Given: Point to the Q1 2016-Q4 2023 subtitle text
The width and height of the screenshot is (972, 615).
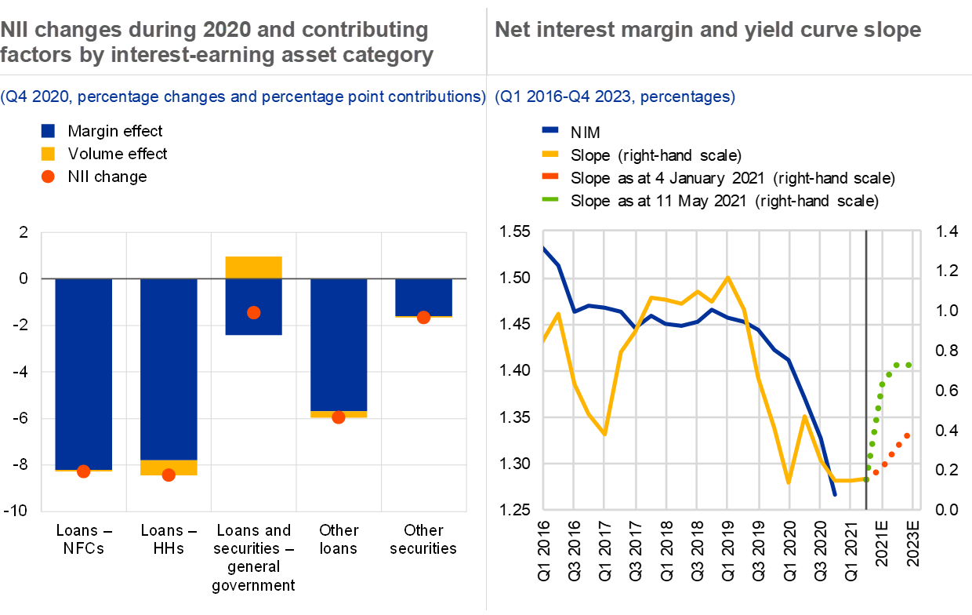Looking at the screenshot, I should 615,97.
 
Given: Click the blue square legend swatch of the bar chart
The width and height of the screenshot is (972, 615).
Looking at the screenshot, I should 48,131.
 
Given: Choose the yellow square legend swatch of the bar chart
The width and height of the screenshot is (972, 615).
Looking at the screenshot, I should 48,154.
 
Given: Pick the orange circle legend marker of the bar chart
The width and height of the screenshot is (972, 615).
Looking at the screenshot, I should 48,176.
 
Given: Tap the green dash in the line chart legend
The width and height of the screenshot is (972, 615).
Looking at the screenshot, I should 550,199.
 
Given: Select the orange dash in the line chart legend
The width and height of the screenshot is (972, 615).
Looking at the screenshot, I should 550,176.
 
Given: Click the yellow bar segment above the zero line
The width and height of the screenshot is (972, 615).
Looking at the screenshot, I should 253,267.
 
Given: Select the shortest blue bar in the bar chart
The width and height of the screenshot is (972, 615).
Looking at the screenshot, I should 423,297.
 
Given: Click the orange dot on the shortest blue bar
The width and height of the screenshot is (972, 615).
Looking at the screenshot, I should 423,318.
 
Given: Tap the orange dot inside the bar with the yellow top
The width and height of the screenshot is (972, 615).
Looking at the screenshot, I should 253,312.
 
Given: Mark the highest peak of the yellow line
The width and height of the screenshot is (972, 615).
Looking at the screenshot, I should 728,277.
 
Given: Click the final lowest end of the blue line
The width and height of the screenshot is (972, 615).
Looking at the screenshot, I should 835,495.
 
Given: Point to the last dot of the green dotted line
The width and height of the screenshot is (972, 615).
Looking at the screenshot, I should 908,365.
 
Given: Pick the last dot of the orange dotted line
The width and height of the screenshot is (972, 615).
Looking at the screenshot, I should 907,435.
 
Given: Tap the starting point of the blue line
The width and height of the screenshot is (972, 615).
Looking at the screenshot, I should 544,249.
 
